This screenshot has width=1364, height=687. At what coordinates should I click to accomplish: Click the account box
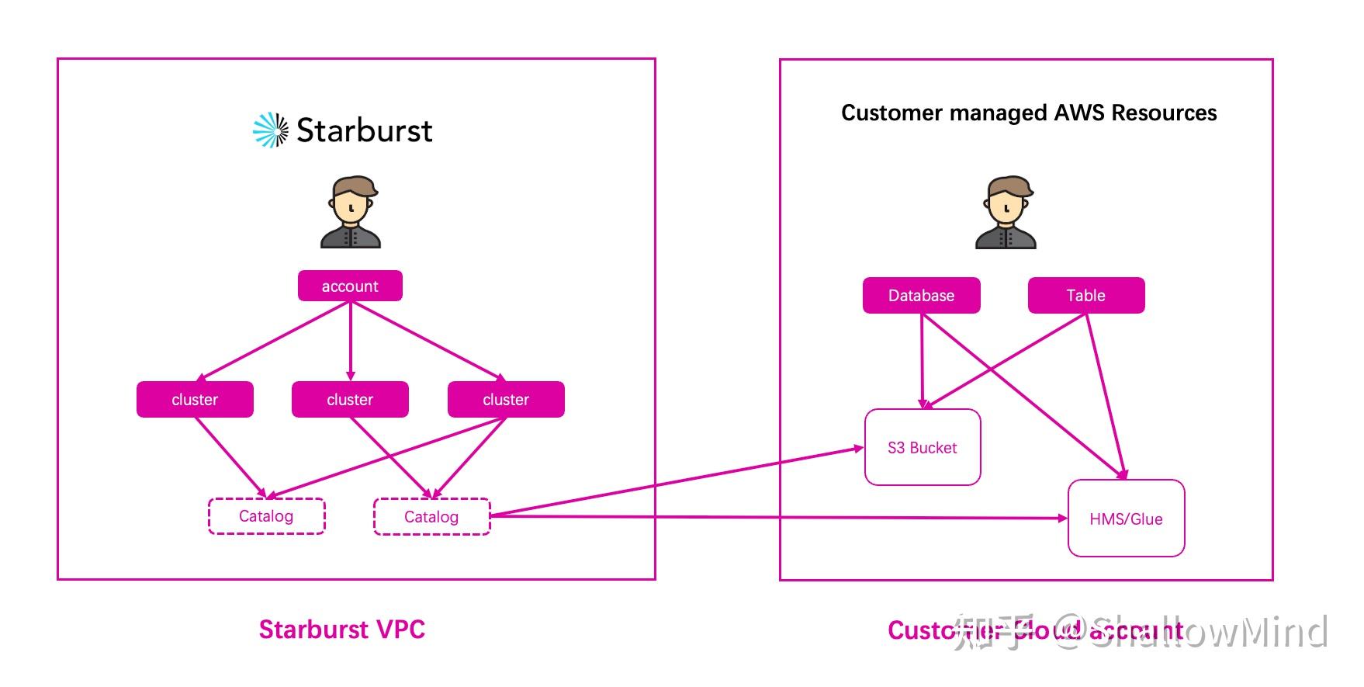350,286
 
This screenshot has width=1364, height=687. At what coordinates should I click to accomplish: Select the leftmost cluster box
195,399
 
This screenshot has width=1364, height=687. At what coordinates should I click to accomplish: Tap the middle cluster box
350,399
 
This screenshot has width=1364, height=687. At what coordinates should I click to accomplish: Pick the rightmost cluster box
506,399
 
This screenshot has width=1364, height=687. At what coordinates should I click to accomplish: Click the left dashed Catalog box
266,516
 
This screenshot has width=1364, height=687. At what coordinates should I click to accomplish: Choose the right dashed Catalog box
431,517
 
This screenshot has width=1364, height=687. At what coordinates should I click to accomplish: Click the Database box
921,295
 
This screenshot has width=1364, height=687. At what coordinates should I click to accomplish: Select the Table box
1085,295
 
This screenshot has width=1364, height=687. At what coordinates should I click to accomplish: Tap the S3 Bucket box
923,447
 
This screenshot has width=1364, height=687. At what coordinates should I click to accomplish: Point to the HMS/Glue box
1126,519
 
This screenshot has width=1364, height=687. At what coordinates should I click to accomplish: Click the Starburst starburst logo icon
271,130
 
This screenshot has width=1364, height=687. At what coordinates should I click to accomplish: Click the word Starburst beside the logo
364,130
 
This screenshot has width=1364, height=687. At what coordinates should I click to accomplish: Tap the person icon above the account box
351,212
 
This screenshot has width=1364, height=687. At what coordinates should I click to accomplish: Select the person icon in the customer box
1006,212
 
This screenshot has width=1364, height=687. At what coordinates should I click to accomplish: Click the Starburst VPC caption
341,630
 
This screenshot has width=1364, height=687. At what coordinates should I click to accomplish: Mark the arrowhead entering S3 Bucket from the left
859,448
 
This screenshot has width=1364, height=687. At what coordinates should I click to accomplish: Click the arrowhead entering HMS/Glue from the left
1063,518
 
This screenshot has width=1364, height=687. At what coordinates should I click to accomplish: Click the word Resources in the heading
1164,113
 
